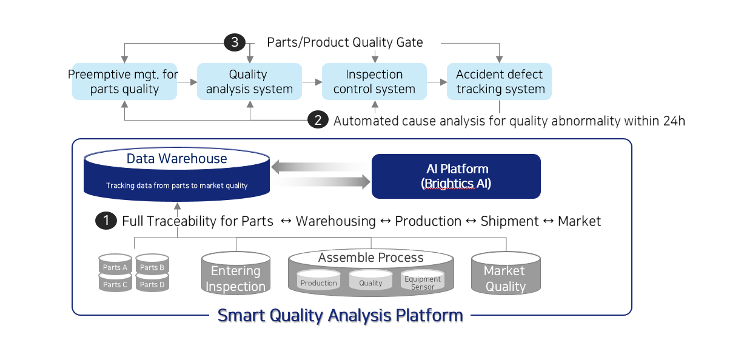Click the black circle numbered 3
[x=235, y=42]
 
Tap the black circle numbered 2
[x=318, y=119]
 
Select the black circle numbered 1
[x=106, y=221]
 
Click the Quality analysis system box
[x=249, y=81]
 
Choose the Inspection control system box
[x=374, y=81]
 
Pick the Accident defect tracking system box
[x=499, y=81]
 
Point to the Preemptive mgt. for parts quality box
[x=124, y=81]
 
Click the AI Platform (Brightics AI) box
[x=456, y=176]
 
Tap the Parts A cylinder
[x=115, y=265]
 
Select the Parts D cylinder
[x=152, y=282]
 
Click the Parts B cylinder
[x=152, y=265]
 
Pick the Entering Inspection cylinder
[x=236, y=273]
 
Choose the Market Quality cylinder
[x=506, y=273]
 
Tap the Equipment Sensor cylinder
[x=423, y=280]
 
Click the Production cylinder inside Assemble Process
[x=318, y=280]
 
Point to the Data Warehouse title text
[x=176, y=158]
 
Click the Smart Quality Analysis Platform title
[x=340, y=315]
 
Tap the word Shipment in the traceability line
[x=509, y=221]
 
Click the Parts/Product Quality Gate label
[x=345, y=42]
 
